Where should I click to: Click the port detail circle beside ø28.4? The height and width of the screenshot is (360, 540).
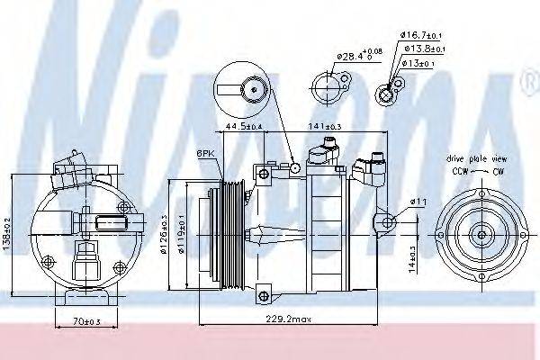point(325,87)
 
